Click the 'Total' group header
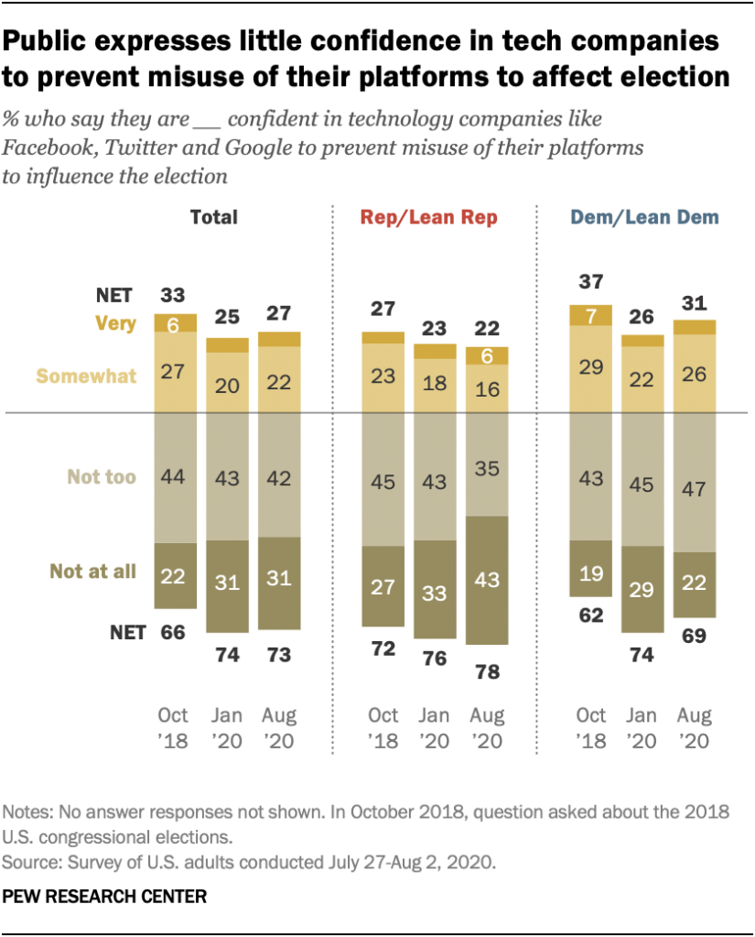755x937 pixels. (x=213, y=217)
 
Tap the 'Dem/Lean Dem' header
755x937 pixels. (x=644, y=217)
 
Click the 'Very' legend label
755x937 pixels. (x=115, y=322)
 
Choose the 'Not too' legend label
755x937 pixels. (x=102, y=476)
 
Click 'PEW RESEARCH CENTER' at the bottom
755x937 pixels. (x=104, y=895)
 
